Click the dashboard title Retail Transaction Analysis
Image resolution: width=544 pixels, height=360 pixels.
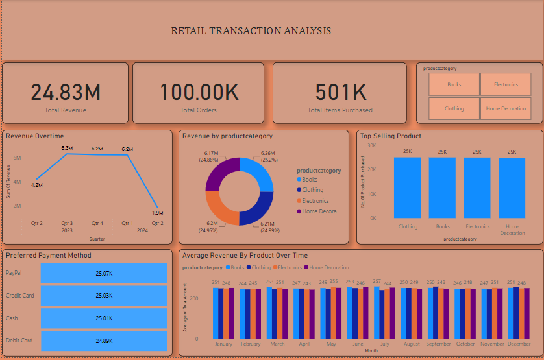pos(251,31)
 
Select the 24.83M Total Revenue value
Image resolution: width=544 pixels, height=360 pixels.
pos(66,93)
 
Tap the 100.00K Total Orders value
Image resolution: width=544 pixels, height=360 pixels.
pos(199,93)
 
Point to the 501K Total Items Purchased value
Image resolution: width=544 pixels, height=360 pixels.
pos(340,93)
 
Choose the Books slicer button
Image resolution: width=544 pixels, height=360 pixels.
pos(454,84)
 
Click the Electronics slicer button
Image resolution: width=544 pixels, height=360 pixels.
pos(506,84)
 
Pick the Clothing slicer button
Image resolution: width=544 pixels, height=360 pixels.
pos(454,108)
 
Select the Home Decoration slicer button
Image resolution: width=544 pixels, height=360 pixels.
pos(506,108)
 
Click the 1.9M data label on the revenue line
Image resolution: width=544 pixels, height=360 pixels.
pos(157,213)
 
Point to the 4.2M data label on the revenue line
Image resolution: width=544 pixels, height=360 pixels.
pos(37,185)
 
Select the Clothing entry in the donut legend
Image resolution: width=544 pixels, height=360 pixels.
pos(313,190)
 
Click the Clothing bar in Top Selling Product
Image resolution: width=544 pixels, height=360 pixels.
pos(408,187)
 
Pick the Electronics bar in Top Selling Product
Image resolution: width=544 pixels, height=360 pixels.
pos(477,187)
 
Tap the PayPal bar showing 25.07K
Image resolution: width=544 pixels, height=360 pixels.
pos(104,274)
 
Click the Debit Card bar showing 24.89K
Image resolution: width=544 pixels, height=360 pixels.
pos(104,341)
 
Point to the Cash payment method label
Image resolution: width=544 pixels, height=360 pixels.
pos(12,318)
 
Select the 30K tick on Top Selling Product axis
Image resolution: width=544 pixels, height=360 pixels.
pos(372,146)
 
